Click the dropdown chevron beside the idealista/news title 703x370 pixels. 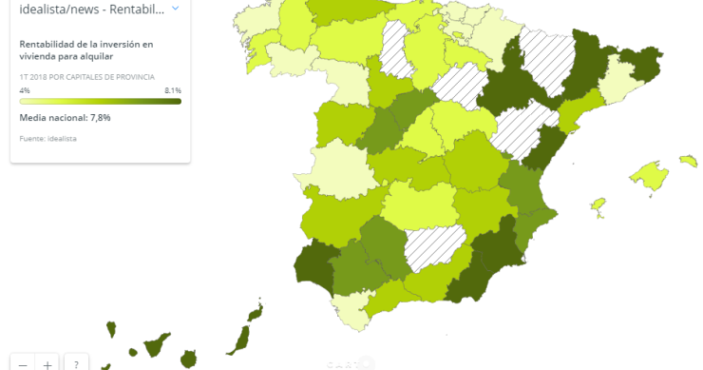pos(175,9)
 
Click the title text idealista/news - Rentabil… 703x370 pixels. pos(91,9)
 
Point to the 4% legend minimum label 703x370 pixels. pos(25,90)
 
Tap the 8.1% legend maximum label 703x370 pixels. pos(172,90)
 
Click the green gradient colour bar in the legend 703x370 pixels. pos(100,100)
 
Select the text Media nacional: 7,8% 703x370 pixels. pos(66,118)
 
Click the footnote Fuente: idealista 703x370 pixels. pos(47,139)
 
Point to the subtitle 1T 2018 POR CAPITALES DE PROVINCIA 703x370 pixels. pos(86,76)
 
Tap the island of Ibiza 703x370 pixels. pos(598,205)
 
